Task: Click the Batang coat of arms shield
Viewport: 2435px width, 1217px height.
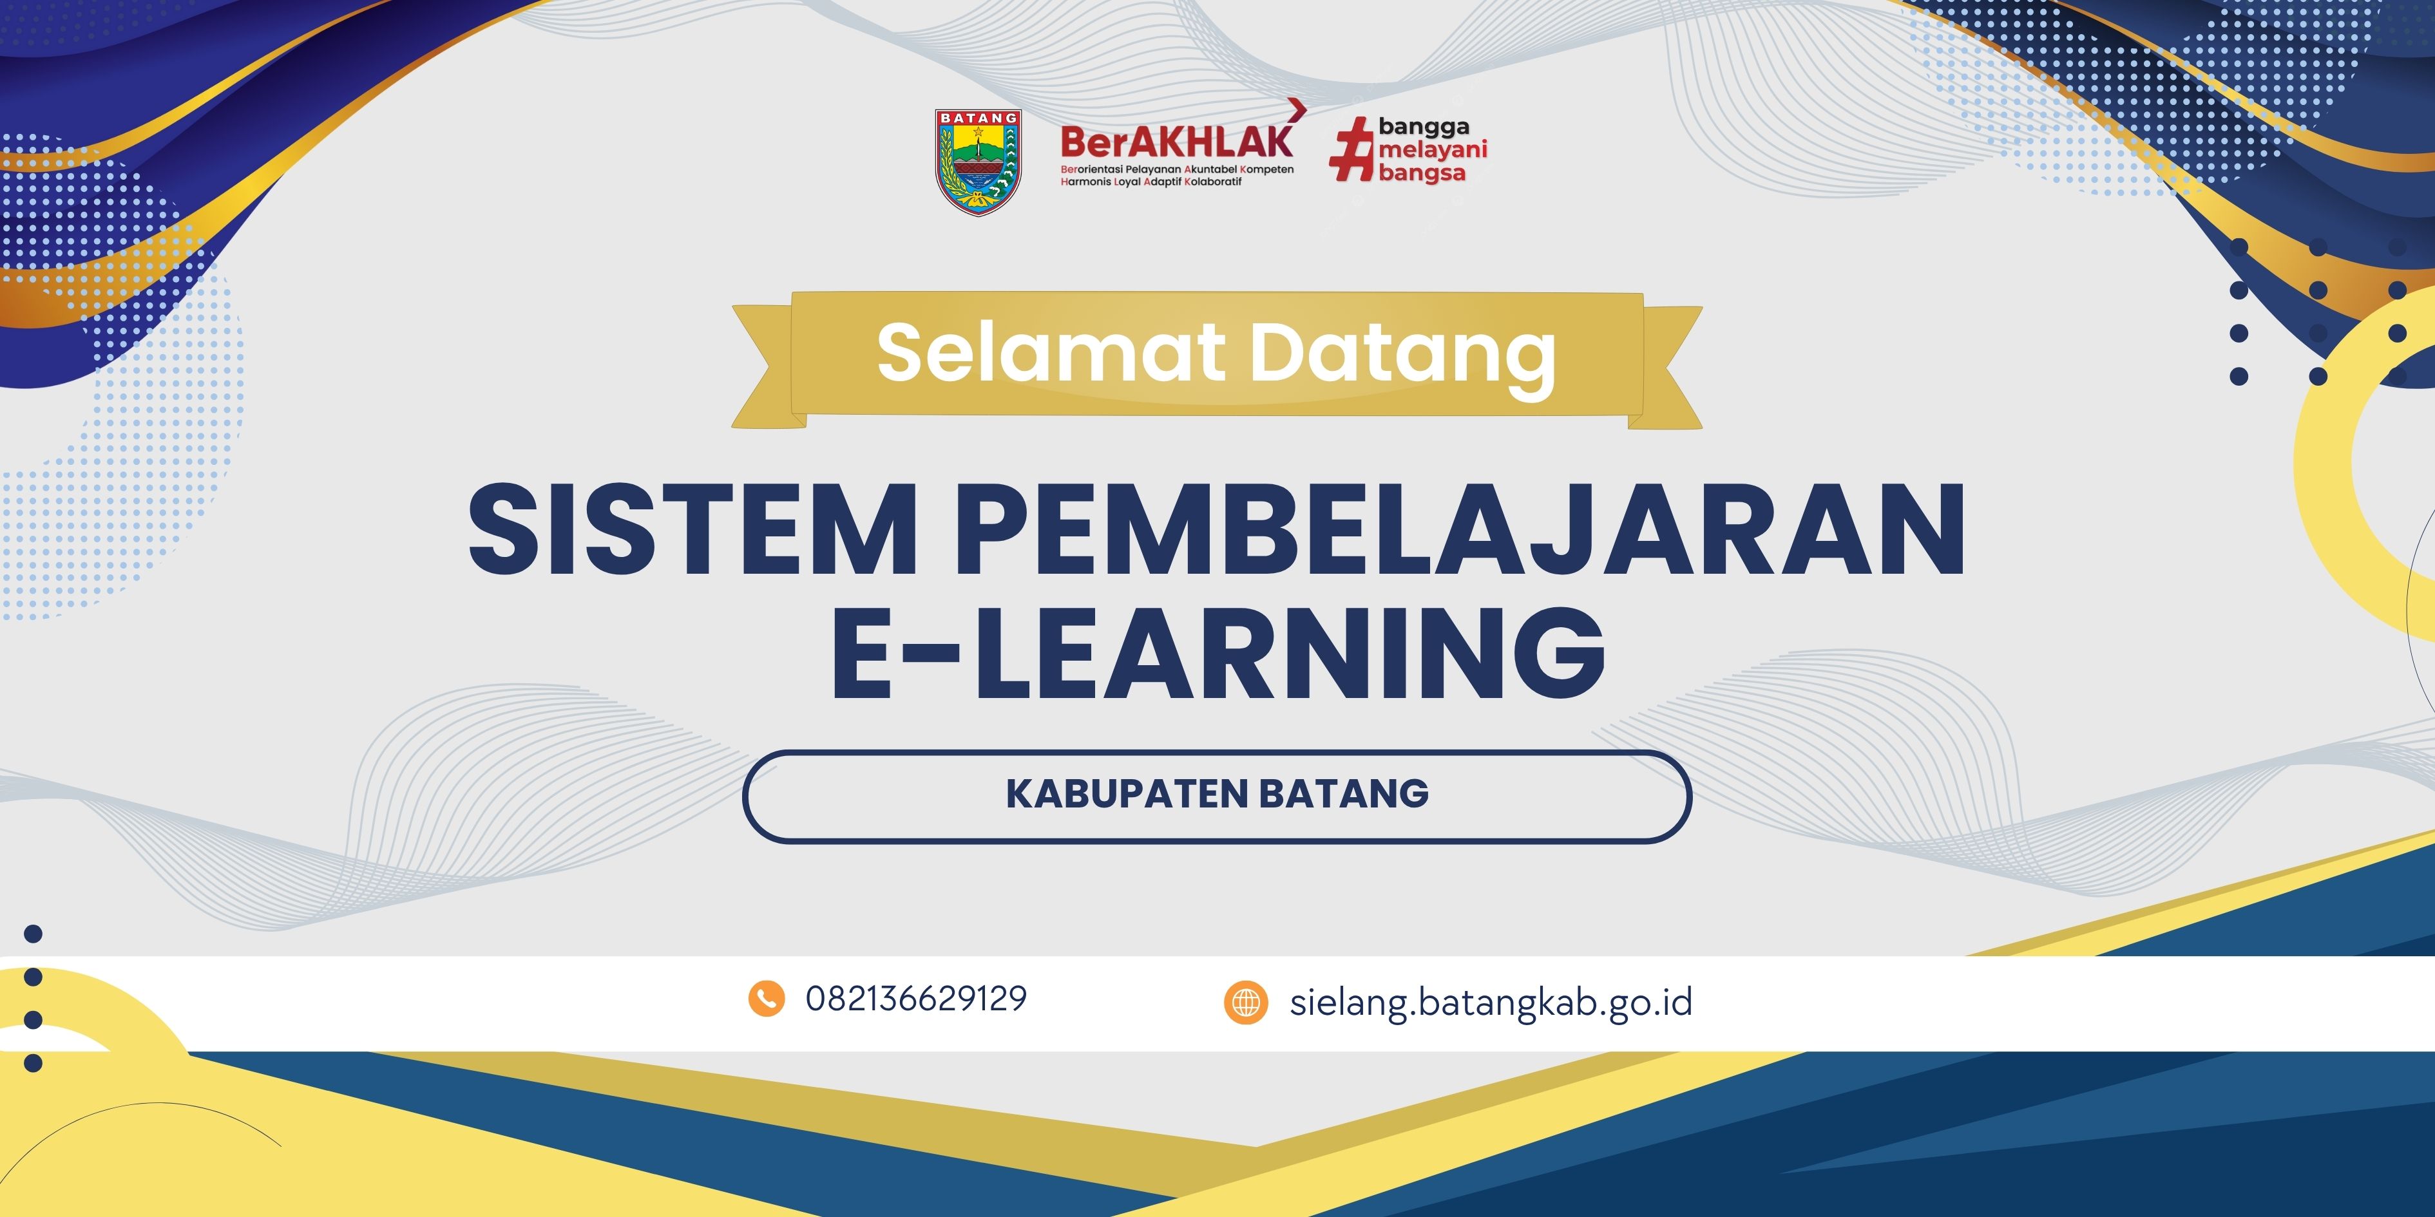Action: pos(979,162)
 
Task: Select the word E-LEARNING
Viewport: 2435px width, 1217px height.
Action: pos(1217,654)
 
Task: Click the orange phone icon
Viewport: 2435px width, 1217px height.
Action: pos(767,999)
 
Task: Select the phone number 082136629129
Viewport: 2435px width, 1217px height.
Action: pos(916,999)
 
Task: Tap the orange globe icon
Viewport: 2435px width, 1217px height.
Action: pos(1246,1001)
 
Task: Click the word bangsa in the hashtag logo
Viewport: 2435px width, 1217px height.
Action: pos(1422,173)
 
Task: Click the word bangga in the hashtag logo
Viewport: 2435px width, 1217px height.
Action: pos(1424,127)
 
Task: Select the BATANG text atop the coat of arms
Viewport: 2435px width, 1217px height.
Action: pos(979,118)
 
